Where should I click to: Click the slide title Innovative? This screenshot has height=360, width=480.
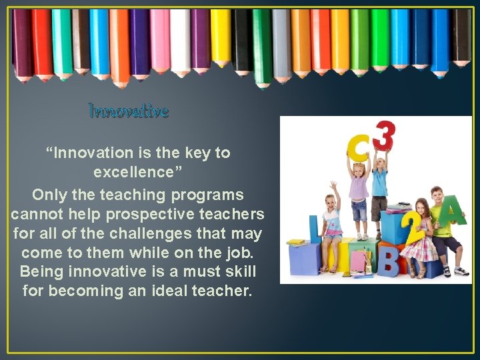pyautogui.click(x=129, y=111)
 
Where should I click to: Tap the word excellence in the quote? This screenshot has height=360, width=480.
pyautogui.click(x=133, y=172)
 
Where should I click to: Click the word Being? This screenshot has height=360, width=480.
pyautogui.click(x=41, y=272)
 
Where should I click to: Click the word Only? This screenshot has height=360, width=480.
pyautogui.click(x=49, y=195)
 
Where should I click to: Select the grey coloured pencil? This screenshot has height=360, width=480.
pyautogui.click(x=281, y=43)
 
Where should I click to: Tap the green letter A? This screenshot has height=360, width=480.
pyautogui.click(x=455, y=213)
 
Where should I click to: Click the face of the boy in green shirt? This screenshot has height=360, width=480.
pyautogui.click(x=437, y=198)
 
